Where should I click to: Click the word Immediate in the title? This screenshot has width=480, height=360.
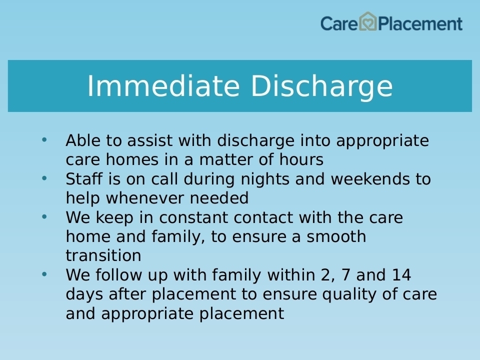pyautogui.click(x=163, y=86)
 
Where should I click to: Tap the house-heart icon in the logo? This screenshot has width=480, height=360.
pyautogui.click(x=367, y=21)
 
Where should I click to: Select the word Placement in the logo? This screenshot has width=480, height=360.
pyautogui.click(x=420, y=24)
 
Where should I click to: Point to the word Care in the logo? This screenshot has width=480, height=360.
pyautogui.click(x=339, y=24)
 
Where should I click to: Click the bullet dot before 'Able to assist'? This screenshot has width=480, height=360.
pyautogui.click(x=44, y=140)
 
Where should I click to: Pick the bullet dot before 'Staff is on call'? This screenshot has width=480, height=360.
pyautogui.click(x=44, y=178)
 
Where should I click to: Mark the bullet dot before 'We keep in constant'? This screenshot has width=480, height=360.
pyautogui.click(x=44, y=216)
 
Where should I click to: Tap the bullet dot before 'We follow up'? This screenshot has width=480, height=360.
pyautogui.click(x=44, y=274)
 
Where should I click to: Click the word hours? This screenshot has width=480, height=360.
pyautogui.click(x=301, y=159)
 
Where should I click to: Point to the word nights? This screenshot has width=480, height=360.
pyautogui.click(x=265, y=179)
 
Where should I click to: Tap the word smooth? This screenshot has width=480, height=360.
pyautogui.click(x=336, y=236)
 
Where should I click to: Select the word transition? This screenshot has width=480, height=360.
pyautogui.click(x=103, y=255)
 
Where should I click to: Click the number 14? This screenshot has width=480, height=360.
pyautogui.click(x=401, y=274)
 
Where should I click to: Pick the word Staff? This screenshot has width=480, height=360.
pyautogui.click(x=84, y=178)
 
